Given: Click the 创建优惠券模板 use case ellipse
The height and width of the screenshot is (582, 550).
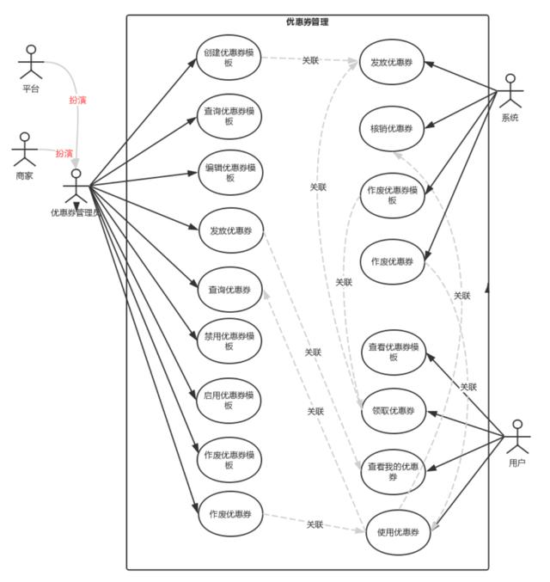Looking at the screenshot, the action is (x=229, y=58).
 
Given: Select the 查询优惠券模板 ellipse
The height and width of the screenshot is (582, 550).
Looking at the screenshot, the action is (x=229, y=116).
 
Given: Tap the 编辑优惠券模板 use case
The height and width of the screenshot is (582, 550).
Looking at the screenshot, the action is (x=230, y=173).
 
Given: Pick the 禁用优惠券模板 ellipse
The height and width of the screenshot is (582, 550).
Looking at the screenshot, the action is (x=229, y=341).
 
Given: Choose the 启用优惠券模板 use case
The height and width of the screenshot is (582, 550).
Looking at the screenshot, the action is (x=229, y=401).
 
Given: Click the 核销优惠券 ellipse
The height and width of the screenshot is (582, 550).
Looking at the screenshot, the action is (x=392, y=129).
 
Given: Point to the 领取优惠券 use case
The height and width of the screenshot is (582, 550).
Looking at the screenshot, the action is (x=394, y=411).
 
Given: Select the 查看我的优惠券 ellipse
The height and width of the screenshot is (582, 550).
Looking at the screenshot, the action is (x=393, y=472).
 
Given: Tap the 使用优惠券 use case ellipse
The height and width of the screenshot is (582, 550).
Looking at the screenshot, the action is (x=398, y=532).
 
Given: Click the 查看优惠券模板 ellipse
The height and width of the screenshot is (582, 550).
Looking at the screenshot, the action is (x=394, y=352).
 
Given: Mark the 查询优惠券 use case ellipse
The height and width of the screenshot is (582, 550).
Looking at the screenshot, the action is (x=229, y=290).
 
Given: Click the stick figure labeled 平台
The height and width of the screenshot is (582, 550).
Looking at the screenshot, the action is (x=31, y=62).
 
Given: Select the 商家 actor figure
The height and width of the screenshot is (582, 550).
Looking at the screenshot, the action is (x=25, y=150).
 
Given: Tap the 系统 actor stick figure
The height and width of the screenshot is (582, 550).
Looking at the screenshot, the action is (x=510, y=91).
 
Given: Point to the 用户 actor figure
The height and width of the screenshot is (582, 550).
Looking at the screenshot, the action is (x=517, y=437).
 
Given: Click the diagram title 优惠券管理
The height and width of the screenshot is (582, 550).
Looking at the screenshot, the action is (x=308, y=21).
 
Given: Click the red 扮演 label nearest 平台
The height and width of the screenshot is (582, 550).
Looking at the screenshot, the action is (x=77, y=100).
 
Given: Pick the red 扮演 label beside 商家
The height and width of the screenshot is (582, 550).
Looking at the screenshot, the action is (x=64, y=153).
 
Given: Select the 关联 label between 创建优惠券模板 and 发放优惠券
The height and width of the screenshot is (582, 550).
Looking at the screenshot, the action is (x=310, y=60).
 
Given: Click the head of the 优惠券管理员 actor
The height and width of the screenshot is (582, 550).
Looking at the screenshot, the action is (x=76, y=174).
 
